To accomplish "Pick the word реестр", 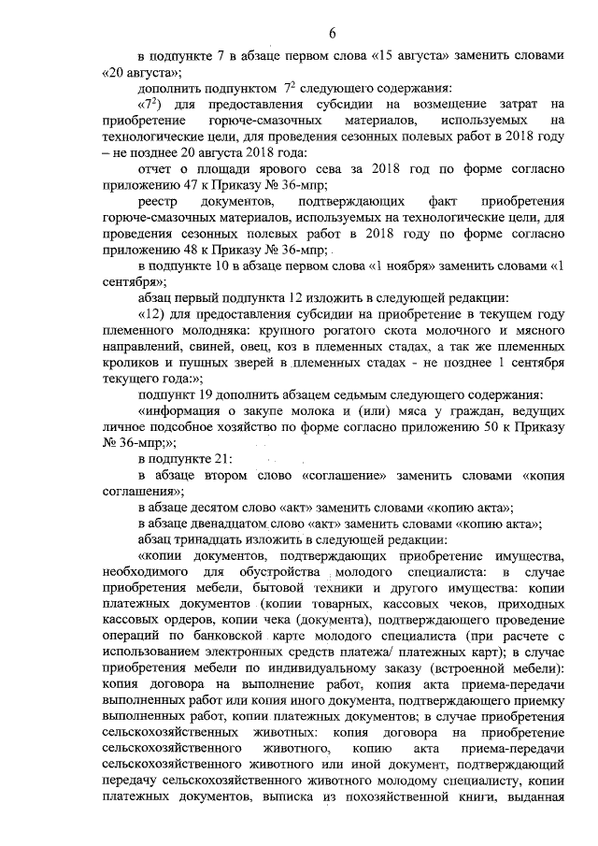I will (157, 203).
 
